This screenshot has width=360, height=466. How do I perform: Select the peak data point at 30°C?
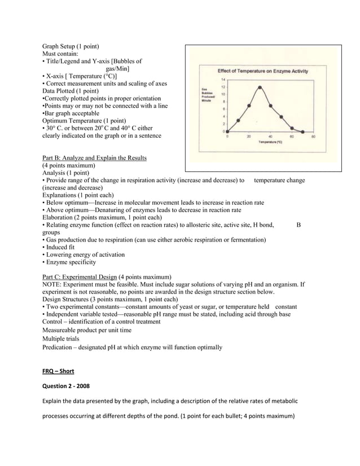260,87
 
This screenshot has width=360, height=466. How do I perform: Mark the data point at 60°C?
292,128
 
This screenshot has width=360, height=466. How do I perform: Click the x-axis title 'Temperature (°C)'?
270,142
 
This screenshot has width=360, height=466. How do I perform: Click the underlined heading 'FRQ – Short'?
58,371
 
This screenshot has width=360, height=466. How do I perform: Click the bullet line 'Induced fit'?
60,247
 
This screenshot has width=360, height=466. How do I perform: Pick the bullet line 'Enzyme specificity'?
69,262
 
